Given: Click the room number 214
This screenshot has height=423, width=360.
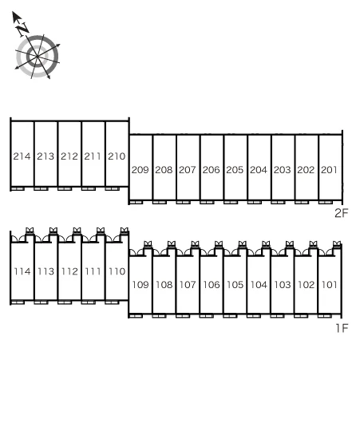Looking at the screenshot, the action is pyautogui.click(x=22, y=156).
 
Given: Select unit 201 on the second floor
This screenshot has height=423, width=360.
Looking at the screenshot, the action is pyautogui.click(x=329, y=170).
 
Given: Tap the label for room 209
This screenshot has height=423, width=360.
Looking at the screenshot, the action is pyautogui.click(x=140, y=170).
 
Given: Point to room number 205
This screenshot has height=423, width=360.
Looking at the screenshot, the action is pyautogui.click(x=235, y=170).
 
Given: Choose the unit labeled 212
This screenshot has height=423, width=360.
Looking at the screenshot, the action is pyautogui.click(x=69, y=156).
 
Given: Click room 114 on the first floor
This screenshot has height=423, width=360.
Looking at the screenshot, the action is pyautogui.click(x=22, y=271).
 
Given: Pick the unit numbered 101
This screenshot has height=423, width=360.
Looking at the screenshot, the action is pyautogui.click(x=329, y=285).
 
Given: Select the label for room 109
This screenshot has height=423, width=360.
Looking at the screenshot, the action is pyautogui.click(x=140, y=285).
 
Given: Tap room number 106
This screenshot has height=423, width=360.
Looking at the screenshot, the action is pyautogui.click(x=212, y=285).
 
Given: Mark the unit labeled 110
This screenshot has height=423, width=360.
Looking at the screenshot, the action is pyautogui.click(x=117, y=271).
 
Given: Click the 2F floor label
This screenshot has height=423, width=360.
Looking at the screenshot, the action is pyautogui.click(x=342, y=213).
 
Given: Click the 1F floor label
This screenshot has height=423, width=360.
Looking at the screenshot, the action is pyautogui.click(x=342, y=328).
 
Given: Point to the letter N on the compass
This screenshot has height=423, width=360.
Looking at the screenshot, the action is pyautogui.click(x=22, y=29).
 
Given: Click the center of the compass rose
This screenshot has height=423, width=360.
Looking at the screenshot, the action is pyautogui.click(x=38, y=57).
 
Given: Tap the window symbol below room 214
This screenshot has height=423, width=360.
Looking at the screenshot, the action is pyautogui.click(x=18, y=188).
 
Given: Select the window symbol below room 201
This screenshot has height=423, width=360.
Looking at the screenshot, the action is pyautogui.click(x=326, y=203).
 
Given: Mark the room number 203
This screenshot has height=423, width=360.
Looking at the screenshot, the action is pyautogui.click(x=282, y=170).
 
